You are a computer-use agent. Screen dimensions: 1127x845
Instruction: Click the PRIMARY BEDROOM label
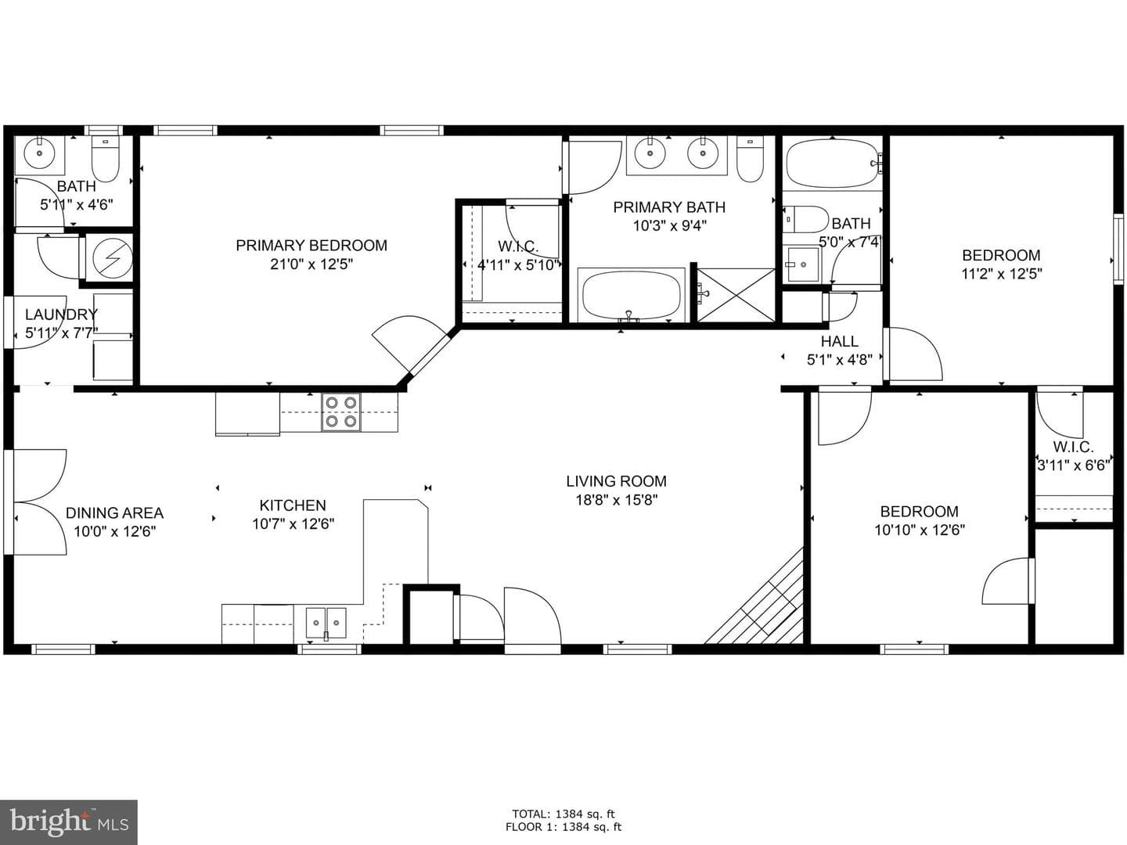point(311,245)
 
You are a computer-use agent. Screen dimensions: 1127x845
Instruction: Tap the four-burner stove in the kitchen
point(341,412)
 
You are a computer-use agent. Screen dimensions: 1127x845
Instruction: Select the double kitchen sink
point(326,622)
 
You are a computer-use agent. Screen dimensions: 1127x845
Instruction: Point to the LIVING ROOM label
point(616,481)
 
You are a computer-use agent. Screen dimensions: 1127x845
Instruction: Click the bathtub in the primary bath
point(632,295)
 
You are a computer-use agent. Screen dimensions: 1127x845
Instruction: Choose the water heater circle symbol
point(110,258)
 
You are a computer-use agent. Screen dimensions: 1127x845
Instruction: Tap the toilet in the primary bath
point(750,159)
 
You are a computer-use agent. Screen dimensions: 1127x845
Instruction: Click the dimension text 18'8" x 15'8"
point(616,500)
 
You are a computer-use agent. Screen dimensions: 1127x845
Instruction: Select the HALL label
point(840,341)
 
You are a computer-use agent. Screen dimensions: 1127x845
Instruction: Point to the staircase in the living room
point(754,596)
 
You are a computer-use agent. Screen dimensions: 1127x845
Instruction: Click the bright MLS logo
point(68,822)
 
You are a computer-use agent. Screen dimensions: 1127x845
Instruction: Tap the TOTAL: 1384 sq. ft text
point(563,814)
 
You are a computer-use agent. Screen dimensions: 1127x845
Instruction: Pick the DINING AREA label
point(114,512)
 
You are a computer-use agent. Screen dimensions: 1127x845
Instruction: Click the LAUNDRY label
point(61,314)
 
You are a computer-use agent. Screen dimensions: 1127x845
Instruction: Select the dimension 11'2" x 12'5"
point(1001,274)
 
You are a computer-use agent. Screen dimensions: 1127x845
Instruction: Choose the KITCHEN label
point(293,505)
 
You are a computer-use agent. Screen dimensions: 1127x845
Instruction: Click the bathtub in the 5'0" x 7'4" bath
point(831,164)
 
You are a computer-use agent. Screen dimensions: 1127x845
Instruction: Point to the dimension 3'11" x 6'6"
point(1074,466)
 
